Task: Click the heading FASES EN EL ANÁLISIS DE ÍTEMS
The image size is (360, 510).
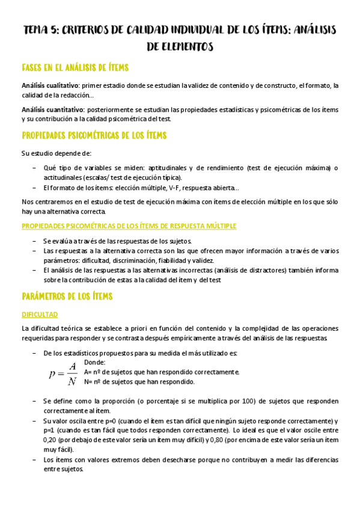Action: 75,67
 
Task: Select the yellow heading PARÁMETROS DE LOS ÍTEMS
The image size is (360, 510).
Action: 67,296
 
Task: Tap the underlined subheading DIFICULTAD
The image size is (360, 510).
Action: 40,314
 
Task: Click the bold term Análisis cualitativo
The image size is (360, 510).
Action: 50,85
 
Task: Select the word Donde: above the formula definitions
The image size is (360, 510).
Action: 95,363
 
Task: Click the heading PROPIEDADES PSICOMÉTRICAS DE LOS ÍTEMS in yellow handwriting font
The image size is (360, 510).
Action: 94,135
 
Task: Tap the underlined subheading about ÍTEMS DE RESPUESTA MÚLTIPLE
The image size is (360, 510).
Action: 129,226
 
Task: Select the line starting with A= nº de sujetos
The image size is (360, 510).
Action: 162,372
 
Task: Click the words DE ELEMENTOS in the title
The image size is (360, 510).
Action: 180,45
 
